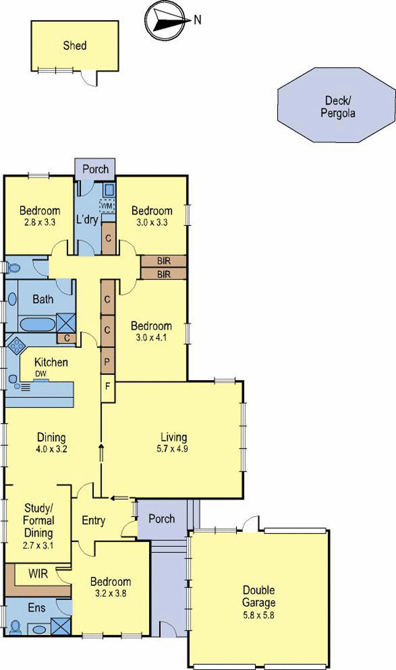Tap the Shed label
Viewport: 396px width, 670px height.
coord(75,46)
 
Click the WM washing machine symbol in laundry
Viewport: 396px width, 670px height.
coord(107,205)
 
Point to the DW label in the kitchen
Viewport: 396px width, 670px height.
coord(41,375)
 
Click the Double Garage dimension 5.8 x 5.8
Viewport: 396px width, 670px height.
coord(259,616)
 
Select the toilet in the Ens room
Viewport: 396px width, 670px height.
coord(14,627)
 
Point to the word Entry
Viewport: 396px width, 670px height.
coord(94,521)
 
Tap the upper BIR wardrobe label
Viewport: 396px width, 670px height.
coord(163,261)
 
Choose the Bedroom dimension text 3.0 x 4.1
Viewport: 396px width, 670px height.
coord(151,338)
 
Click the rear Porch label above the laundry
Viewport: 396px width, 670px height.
coord(95,169)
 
